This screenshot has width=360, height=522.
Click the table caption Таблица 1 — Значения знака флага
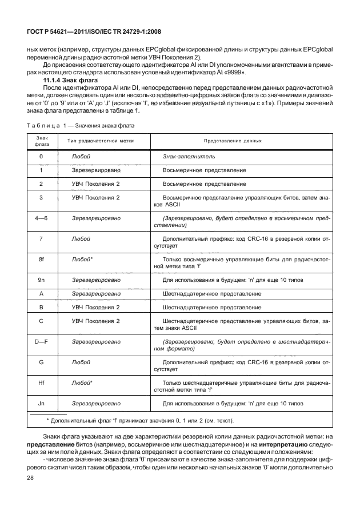[x=81, y=125]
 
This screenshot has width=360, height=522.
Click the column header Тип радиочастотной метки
[x=102, y=141]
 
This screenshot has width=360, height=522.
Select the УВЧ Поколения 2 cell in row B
[x=95, y=307]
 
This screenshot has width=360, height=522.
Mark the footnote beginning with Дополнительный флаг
[x=139, y=421]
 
